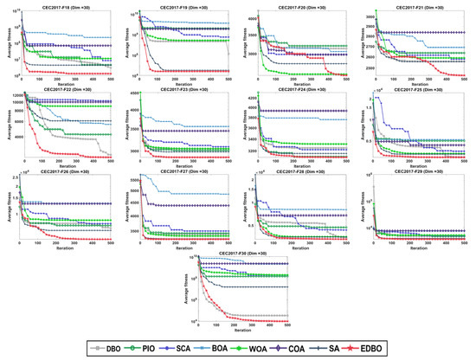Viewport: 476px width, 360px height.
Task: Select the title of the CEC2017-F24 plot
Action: (299, 88)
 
